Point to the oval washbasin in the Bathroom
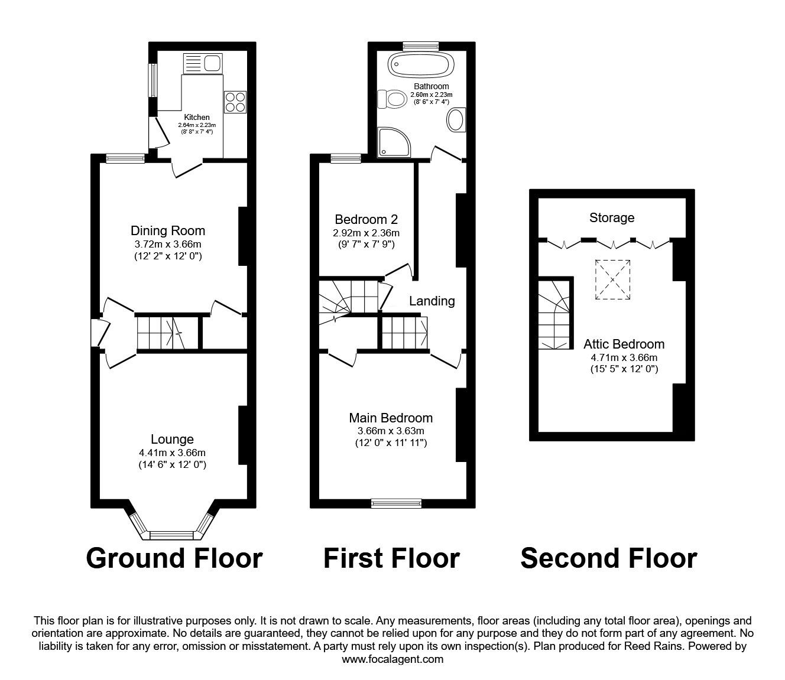456,120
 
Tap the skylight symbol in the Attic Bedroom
612,279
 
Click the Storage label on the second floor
612,217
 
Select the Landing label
432,301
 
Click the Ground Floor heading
174,558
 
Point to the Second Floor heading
608,558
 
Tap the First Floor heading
391,558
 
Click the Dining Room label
168,230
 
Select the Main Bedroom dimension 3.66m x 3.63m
391,431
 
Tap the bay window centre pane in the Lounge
171,535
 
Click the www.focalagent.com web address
392,659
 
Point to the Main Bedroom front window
396,503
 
